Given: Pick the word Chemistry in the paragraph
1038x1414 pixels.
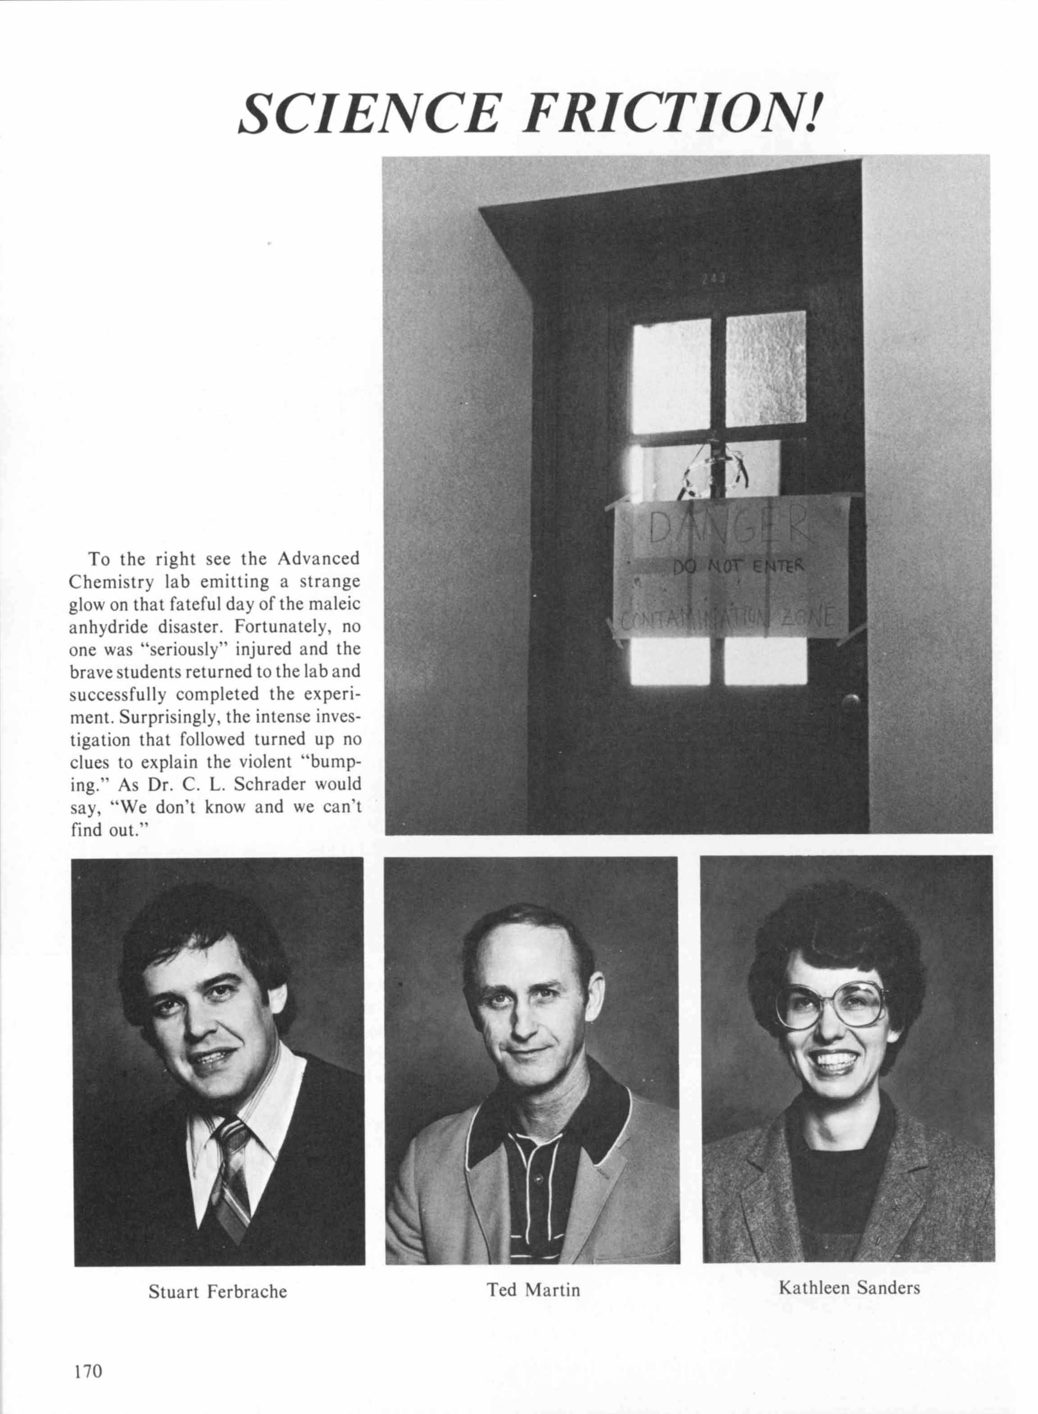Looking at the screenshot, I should click(108, 582).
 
